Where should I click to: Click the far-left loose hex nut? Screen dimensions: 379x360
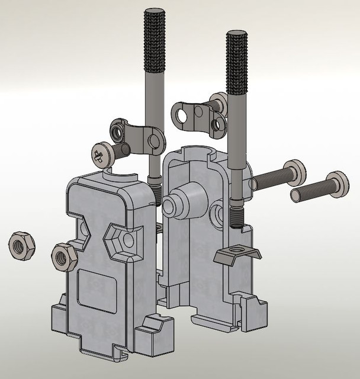tap(21, 245)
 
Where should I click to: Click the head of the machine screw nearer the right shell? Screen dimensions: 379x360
tap(295, 172)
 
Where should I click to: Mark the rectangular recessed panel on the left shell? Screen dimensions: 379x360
tap(97, 290)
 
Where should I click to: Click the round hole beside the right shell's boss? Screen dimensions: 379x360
tap(216, 210)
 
